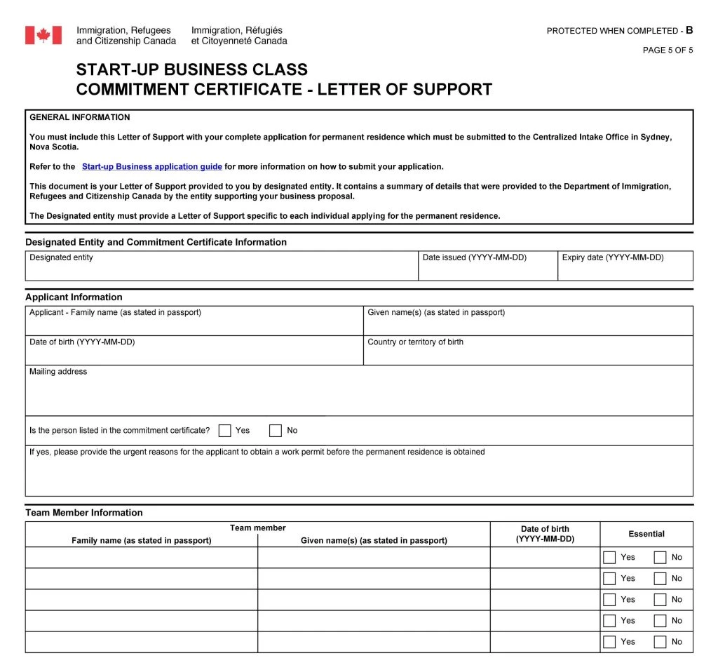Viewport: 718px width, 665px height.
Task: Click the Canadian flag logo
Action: click(43, 35)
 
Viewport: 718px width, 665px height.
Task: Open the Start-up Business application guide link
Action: click(151, 167)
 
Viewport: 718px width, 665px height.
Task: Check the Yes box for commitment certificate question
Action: click(225, 431)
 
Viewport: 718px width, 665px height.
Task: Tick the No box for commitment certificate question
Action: click(276, 431)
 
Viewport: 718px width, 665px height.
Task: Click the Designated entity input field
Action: click(222, 269)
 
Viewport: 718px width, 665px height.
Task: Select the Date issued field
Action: click(488, 269)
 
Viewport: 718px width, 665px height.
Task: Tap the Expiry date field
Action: click(625, 269)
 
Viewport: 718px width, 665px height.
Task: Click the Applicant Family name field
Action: click(194, 324)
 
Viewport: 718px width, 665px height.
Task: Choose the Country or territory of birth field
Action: click(528, 354)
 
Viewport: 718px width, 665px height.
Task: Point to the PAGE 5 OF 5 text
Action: click(668, 50)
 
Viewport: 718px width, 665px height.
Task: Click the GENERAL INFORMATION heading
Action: click(80, 117)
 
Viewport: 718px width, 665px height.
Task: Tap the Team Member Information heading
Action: click(84, 513)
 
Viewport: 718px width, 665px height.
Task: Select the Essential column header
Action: click(646, 534)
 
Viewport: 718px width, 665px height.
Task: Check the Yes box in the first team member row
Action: click(610, 558)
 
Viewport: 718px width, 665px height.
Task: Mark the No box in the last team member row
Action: click(660, 642)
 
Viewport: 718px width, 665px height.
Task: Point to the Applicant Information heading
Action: click(74, 297)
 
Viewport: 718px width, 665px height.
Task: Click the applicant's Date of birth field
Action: click(194, 354)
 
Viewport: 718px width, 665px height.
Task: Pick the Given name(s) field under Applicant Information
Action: click(528, 324)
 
